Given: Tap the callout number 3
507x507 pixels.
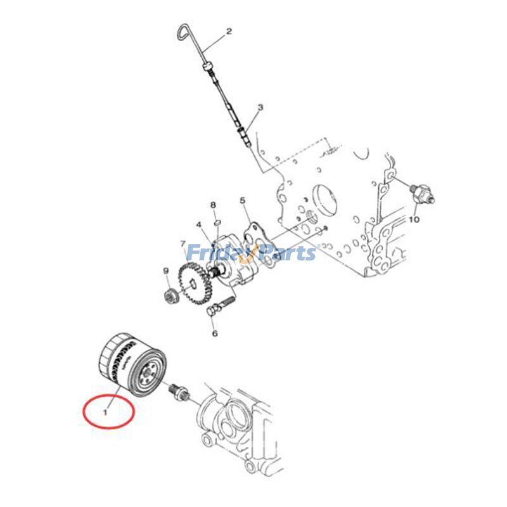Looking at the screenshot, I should point(259,109).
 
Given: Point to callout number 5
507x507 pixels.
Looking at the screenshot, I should point(242,202).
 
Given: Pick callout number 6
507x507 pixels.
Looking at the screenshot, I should point(214,333).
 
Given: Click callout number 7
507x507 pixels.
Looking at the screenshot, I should point(183,245).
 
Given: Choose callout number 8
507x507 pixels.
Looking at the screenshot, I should point(214,205).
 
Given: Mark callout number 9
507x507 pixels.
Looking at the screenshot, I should point(166,272).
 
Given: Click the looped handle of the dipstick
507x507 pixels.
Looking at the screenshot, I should point(186,33).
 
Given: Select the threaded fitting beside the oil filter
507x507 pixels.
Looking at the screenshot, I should point(177,392).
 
